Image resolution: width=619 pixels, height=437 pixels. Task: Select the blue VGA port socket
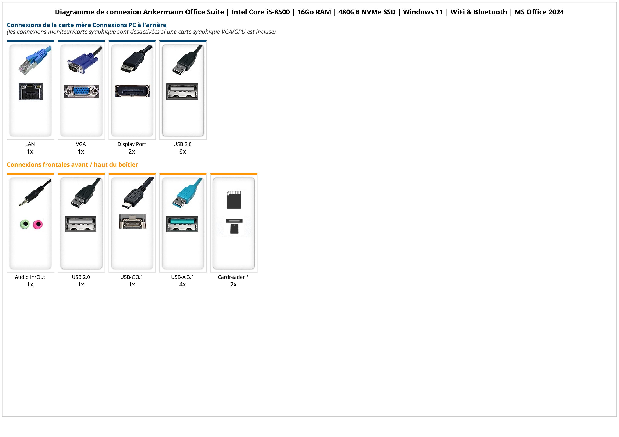pyautogui.click(x=81, y=91)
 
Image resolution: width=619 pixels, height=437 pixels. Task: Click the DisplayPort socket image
pyautogui.click(x=132, y=91)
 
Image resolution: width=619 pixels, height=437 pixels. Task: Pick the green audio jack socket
pyautogui.click(x=25, y=224)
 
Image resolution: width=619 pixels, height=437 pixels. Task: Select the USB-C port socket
pyautogui.click(x=132, y=221)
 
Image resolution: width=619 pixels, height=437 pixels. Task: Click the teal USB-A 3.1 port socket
pyautogui.click(x=182, y=224)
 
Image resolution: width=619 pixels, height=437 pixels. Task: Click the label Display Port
pyautogui.click(x=132, y=144)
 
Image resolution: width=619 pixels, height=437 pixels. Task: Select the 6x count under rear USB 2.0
pyautogui.click(x=182, y=152)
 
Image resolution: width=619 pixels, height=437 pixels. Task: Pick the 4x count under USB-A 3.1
pyautogui.click(x=182, y=284)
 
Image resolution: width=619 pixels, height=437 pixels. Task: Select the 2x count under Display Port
pyautogui.click(x=132, y=152)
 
